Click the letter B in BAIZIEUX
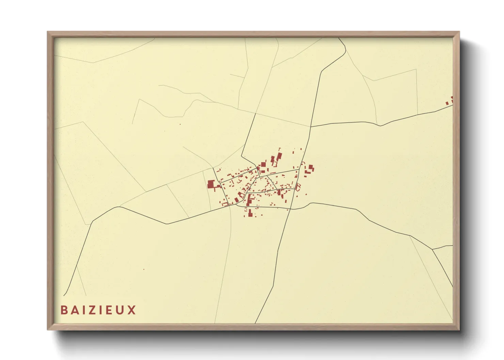pyautogui.click(x=64, y=310)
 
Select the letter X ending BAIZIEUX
pyautogui.click(x=132, y=310)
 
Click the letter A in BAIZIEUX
pyautogui.click(x=75, y=310)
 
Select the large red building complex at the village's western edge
pyautogui.click(x=211, y=184)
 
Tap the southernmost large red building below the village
pyautogui.click(x=250, y=213)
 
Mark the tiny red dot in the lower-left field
pyautogui.click(x=144, y=269)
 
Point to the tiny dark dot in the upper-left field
pyautogui.click(x=180, y=124)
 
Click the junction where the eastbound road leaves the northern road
pyautogui.click(x=311, y=127)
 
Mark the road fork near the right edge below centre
pyautogui.click(x=432, y=249)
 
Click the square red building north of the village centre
pyautogui.click(x=263, y=164)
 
